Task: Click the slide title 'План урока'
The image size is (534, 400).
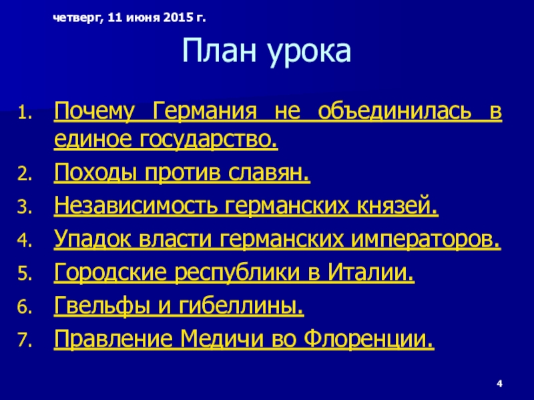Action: pyautogui.click(x=266, y=52)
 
